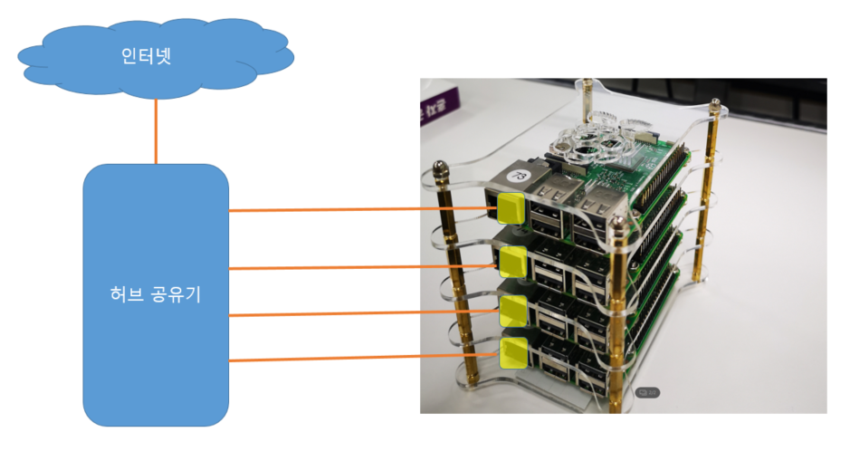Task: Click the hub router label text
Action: click(x=156, y=296)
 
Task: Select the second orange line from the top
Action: click(x=362, y=266)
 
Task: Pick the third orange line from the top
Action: click(x=362, y=313)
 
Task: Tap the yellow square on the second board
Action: click(x=513, y=263)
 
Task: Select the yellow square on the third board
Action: click(x=512, y=311)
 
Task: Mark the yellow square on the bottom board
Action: click(x=511, y=352)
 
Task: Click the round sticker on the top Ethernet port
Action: click(x=521, y=172)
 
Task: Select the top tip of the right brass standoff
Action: click(x=717, y=106)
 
